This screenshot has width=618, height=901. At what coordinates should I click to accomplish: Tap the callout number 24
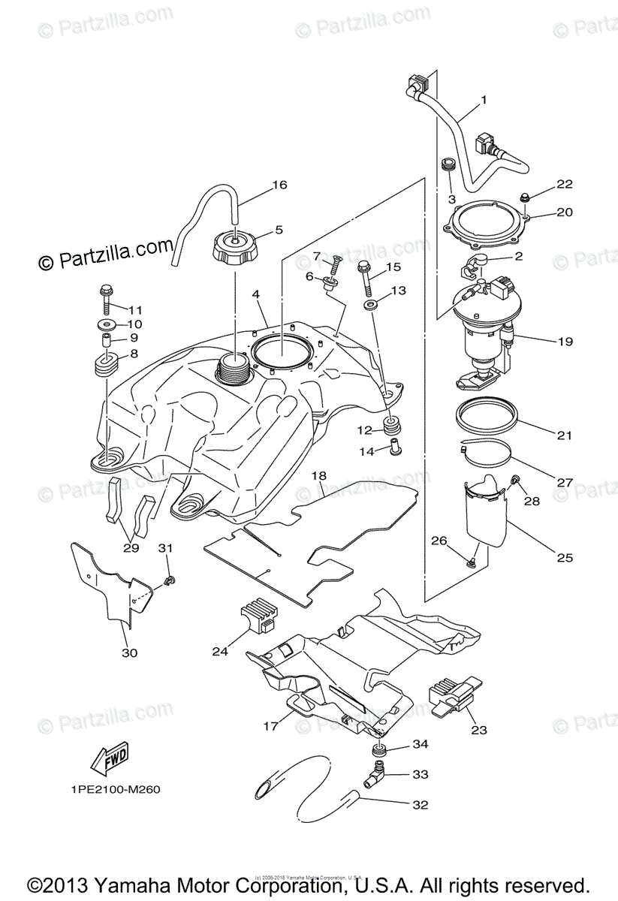pos(219,652)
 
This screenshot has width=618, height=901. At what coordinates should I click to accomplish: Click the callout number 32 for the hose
pos(420,805)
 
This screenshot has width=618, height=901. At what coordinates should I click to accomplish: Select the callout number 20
pos(565,212)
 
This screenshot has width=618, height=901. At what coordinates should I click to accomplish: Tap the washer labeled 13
pos(371,307)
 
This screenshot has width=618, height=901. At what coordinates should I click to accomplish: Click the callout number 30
pos(129,652)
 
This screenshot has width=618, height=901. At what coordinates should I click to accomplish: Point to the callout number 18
pos(319,475)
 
